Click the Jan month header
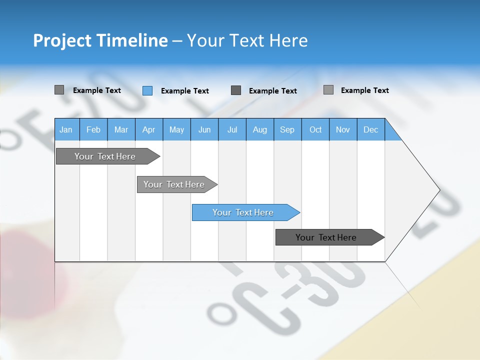tap(66, 130)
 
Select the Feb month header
tap(93, 130)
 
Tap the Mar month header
tap(121, 130)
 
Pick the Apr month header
tap(149, 130)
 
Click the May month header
tap(176, 130)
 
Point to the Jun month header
tap(204, 130)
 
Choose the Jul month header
tap(232, 130)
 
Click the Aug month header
tap(260, 130)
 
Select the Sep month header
tap(287, 130)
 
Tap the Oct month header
tap(315, 130)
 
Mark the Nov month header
tap(343, 130)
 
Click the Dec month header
tap(371, 130)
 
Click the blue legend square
tap(147, 90)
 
